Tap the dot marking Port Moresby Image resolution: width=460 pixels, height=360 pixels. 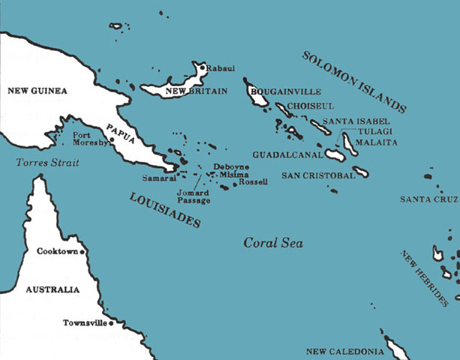(112, 139)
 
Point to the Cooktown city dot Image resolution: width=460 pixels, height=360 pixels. (83, 252)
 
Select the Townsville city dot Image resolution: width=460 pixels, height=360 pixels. (111, 324)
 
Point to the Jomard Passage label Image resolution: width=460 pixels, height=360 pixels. (194, 196)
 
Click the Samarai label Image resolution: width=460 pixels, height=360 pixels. (158, 178)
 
